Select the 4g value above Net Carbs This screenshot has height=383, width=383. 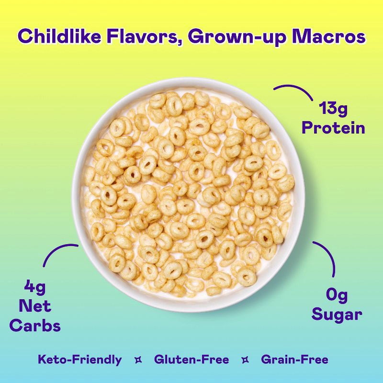pyautogui.click(x=34, y=289)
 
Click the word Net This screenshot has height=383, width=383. pyautogui.click(x=35, y=307)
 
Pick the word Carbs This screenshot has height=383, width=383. pyautogui.click(x=35, y=326)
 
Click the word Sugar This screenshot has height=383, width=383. pyautogui.click(x=337, y=315)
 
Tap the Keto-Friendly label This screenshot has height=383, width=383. pyautogui.click(x=80, y=360)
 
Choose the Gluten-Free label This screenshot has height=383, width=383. pyautogui.click(x=191, y=360)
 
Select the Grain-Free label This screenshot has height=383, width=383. pyautogui.click(x=294, y=360)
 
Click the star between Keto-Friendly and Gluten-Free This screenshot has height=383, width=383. pyautogui.click(x=138, y=360)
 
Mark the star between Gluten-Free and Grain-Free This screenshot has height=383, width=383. pyautogui.click(x=245, y=360)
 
